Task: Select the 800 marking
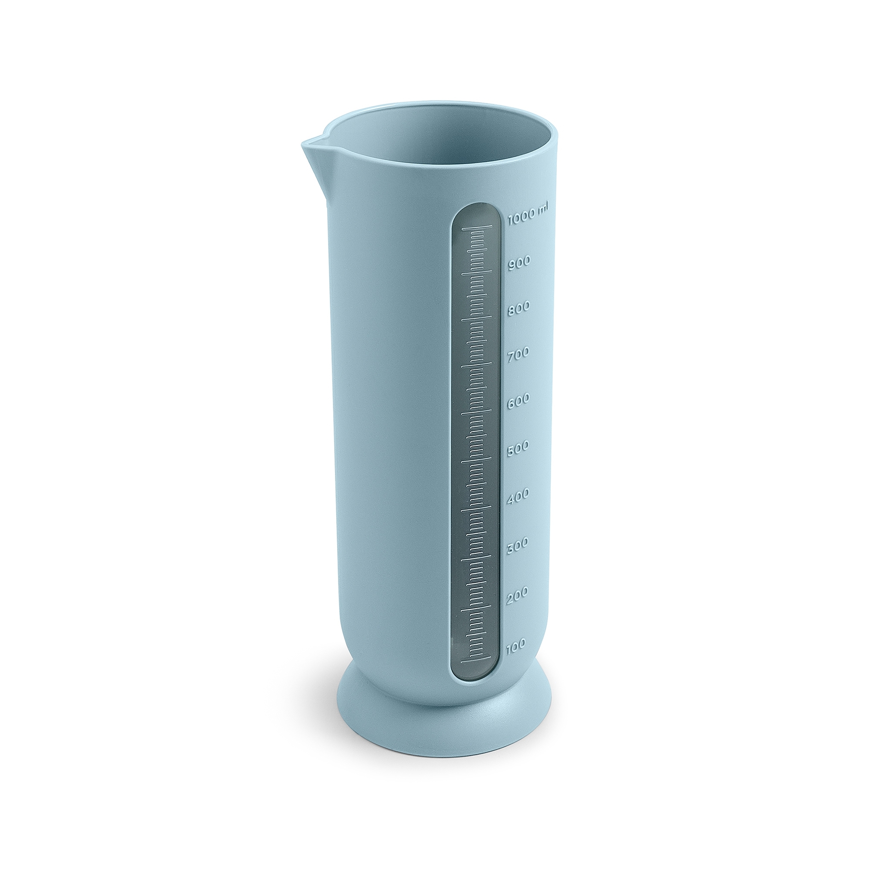tap(519, 308)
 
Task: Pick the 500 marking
tap(518, 448)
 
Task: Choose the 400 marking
tap(518, 496)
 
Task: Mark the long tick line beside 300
tap(475, 558)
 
